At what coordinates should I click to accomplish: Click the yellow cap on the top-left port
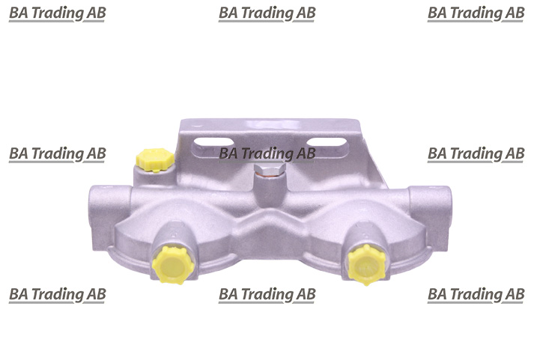coord(155,159)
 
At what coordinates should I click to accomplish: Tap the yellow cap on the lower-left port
coord(173,265)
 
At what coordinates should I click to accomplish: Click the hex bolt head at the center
coord(270,169)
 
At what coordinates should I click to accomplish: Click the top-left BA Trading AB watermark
coord(58,13)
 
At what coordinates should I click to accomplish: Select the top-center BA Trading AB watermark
coord(267,13)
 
